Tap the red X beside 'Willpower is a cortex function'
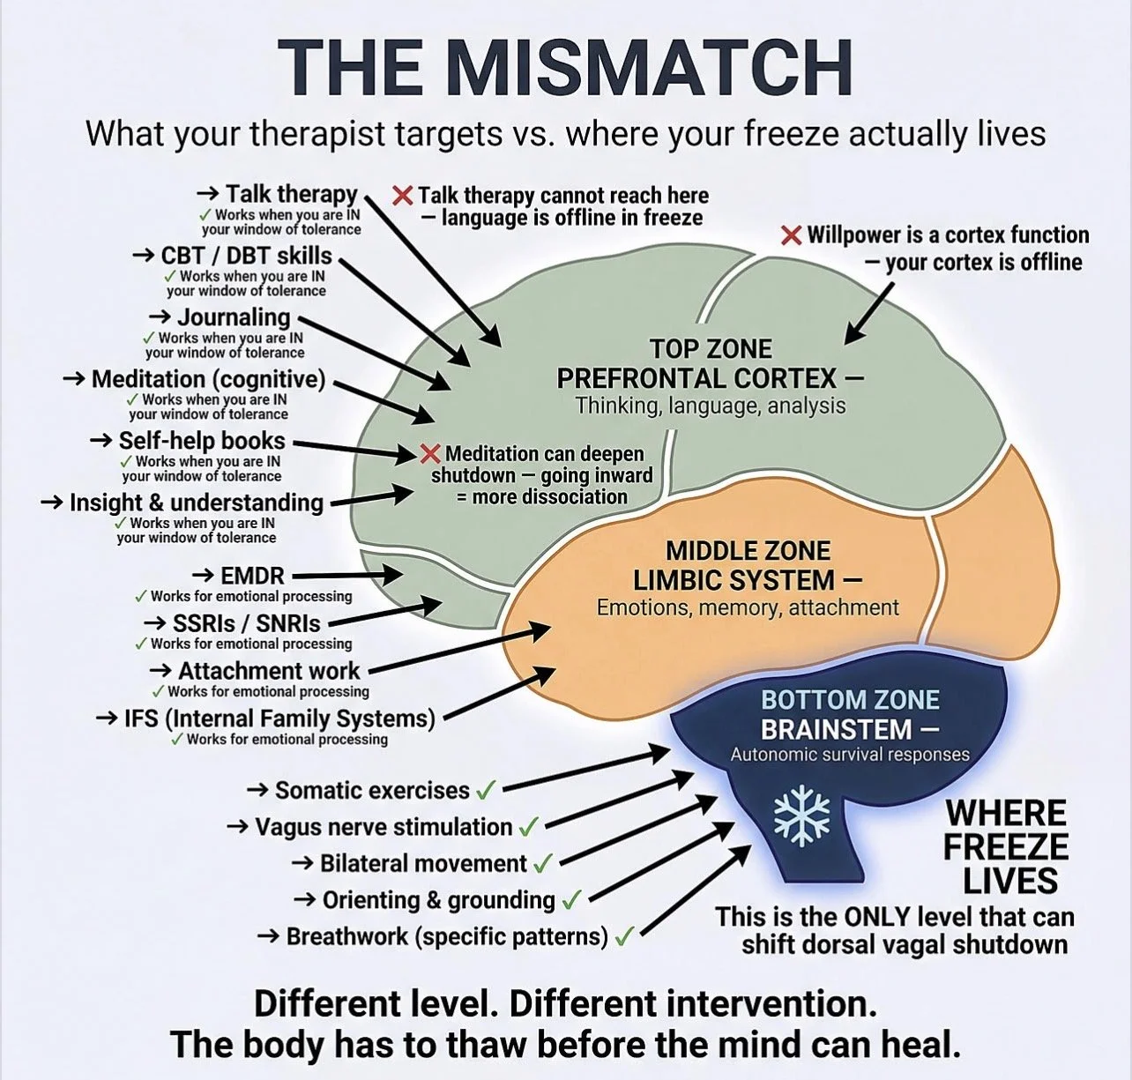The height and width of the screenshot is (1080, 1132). tap(792, 235)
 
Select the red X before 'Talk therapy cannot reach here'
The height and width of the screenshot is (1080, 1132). tap(403, 195)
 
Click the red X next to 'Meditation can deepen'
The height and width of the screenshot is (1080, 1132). tap(429, 453)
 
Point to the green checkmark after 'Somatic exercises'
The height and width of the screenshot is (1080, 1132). tap(486, 792)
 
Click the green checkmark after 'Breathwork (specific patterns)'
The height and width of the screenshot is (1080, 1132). tap(625, 936)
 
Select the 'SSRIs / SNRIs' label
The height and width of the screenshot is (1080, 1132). tap(247, 622)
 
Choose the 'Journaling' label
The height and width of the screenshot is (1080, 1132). tap(234, 317)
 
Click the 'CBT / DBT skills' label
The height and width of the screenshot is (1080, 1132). tap(246, 255)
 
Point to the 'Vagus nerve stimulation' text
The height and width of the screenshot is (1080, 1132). tap(384, 827)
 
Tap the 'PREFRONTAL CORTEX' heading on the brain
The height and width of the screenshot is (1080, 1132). tap(696, 378)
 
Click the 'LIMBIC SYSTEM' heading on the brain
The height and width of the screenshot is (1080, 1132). tap(734, 579)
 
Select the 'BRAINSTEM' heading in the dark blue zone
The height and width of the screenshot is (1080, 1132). tap(836, 729)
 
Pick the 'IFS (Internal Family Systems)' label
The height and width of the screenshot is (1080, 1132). tap(279, 719)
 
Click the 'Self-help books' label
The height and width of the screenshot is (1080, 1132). tap(202, 441)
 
